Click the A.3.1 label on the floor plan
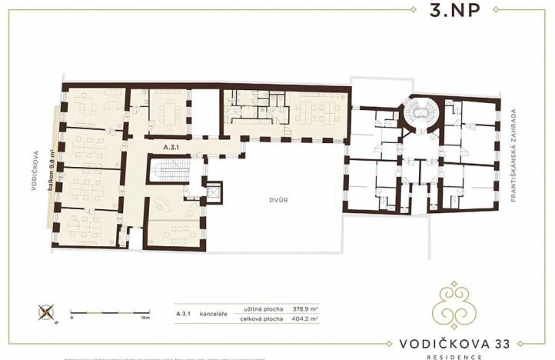coord(171,145)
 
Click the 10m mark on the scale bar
coord(145,317)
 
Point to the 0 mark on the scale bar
coord(71,317)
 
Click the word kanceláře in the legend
coord(212,314)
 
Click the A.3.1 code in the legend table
coord(183,314)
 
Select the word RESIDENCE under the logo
coord(458,356)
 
